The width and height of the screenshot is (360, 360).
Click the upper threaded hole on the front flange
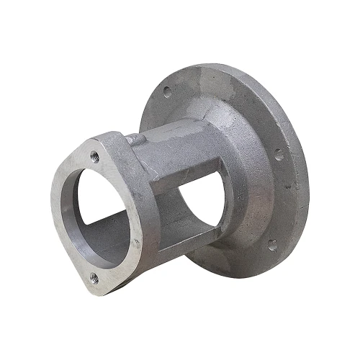pos(94,154)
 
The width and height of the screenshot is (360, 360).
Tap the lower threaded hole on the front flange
pos(94,276)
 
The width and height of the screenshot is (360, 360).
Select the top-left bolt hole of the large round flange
pos(167,91)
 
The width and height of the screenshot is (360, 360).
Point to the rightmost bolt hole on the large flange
pos(279,153)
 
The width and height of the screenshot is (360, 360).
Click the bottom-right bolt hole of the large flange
pos(271,246)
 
